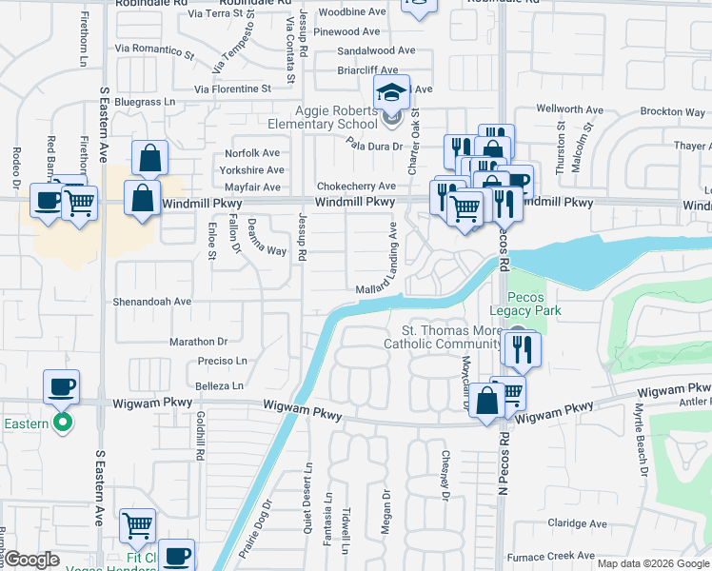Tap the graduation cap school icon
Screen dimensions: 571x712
[x=390, y=92]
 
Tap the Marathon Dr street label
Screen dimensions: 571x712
[x=199, y=341]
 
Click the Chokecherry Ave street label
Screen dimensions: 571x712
[x=355, y=186]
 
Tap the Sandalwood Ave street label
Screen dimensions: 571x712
[x=377, y=50]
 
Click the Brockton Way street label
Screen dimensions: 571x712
[x=672, y=111]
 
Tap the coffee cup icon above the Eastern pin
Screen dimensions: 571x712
[x=62, y=386]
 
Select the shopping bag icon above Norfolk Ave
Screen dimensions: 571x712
[x=150, y=158]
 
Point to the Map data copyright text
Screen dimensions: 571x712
[x=652, y=563]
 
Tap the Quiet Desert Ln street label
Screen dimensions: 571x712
[x=307, y=501]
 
